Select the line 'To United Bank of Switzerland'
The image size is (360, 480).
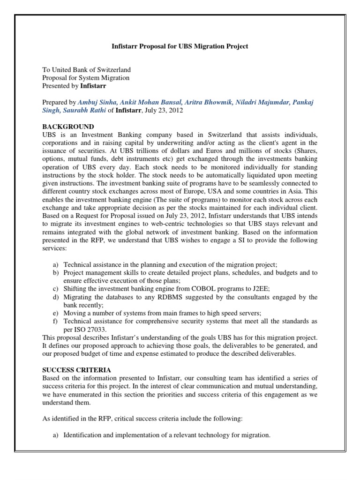click(x=87, y=70)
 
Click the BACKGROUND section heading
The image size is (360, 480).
click(x=68, y=127)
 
